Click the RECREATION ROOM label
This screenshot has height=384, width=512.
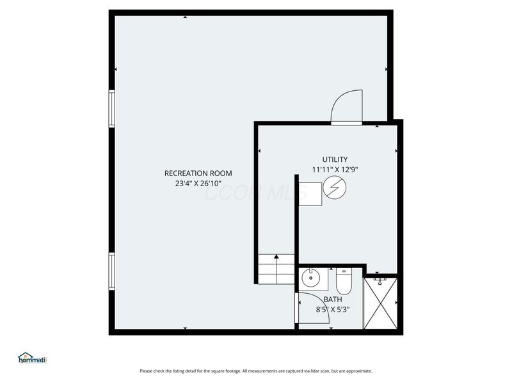pyautogui.click(x=198, y=173)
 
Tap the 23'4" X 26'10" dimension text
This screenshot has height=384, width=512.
pyautogui.click(x=198, y=184)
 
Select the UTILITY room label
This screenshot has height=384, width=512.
pyautogui.click(x=335, y=159)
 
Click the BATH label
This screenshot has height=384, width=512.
pyautogui.click(x=333, y=300)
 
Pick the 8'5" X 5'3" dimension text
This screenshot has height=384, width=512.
pyautogui.click(x=333, y=310)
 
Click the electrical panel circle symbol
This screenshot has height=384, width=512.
pyautogui.click(x=335, y=188)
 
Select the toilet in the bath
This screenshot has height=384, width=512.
pyautogui.click(x=344, y=281)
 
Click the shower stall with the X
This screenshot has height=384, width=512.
pyautogui.click(x=380, y=303)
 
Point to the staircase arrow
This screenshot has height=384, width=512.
pyautogui.click(x=276, y=269)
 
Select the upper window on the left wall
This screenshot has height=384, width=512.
pyautogui.click(x=111, y=108)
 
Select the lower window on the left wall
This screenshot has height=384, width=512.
pyautogui.click(x=111, y=271)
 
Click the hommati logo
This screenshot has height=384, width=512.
pyautogui.click(x=33, y=358)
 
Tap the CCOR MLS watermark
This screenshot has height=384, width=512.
pyautogui.click(x=255, y=192)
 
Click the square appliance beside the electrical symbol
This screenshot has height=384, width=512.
pyautogui.click(x=310, y=194)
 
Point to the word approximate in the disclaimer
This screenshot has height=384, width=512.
pyautogui.click(x=359, y=371)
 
